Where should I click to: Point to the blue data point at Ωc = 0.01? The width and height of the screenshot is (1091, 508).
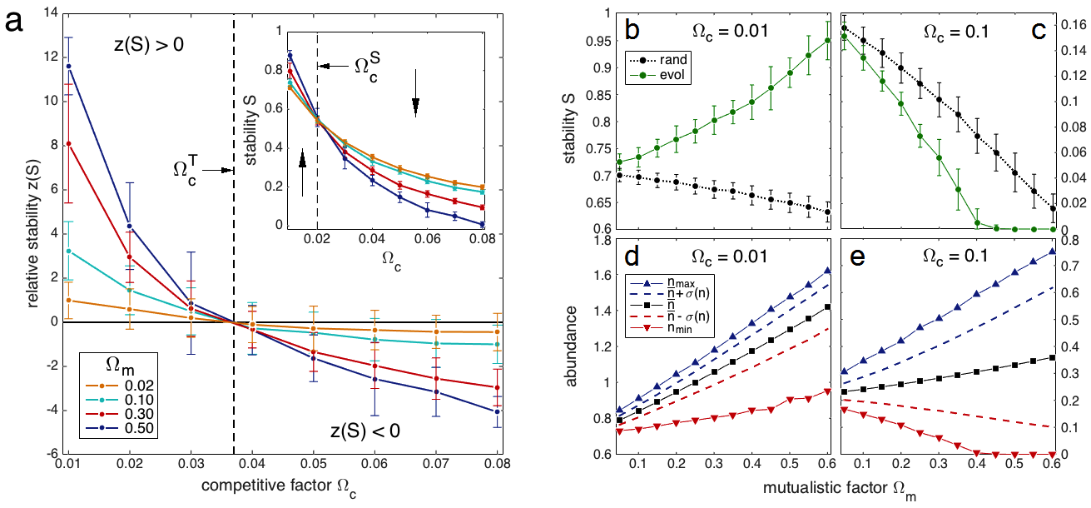tap(69, 67)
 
